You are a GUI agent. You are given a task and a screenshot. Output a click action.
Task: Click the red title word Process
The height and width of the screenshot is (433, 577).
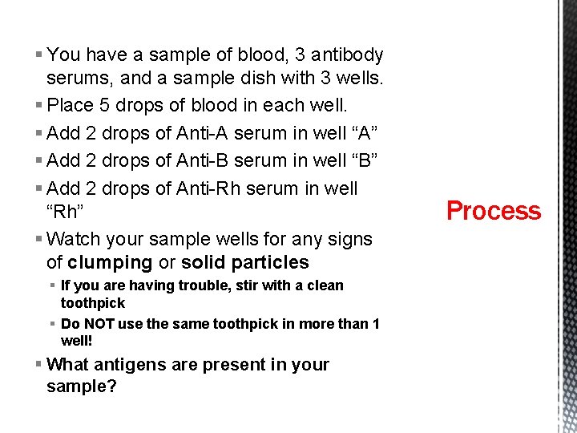(x=494, y=211)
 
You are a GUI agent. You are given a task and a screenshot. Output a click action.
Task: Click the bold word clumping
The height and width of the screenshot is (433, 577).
(x=111, y=263)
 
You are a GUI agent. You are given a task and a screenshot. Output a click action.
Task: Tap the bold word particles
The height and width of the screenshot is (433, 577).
(x=269, y=263)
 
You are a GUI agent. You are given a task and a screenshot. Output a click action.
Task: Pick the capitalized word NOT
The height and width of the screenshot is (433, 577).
(x=100, y=324)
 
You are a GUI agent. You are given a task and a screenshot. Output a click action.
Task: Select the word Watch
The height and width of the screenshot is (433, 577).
(x=73, y=239)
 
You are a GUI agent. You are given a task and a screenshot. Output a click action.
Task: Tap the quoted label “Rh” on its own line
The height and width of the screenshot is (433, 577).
(x=65, y=212)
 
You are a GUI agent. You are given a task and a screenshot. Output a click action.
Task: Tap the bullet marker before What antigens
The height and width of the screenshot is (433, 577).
(x=39, y=365)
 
